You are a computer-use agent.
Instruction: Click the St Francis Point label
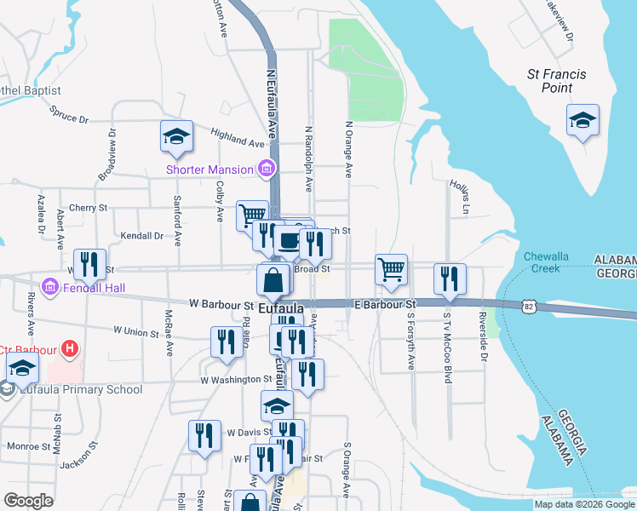[x=557, y=81]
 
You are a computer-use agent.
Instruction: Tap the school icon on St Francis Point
[x=582, y=120]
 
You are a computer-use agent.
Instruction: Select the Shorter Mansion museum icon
[x=267, y=169]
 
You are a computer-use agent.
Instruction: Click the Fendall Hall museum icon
[x=49, y=288]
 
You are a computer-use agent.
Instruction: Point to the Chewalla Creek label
[x=542, y=261]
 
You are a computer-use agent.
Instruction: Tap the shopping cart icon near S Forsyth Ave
[x=391, y=270]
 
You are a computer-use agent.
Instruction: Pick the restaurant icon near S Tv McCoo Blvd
[x=450, y=279]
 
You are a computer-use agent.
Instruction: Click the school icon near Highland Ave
[x=177, y=136]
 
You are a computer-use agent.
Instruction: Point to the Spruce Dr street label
[x=69, y=114]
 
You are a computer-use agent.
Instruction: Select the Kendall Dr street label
[x=141, y=236]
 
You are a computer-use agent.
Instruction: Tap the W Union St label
[x=136, y=330]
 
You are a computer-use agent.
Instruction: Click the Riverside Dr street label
[x=482, y=348]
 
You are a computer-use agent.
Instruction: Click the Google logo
[x=28, y=500]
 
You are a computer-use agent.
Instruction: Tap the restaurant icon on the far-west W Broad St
[x=89, y=265]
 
